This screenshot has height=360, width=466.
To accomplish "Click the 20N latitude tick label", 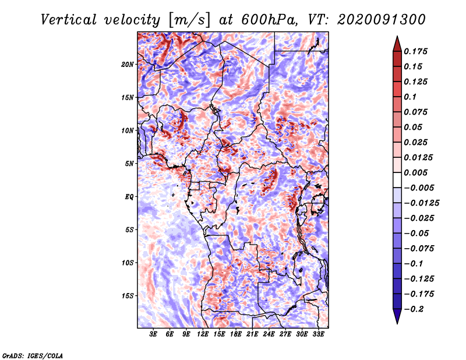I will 128,64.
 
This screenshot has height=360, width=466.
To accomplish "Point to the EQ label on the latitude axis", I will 129,196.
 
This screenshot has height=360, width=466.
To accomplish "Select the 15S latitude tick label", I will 128,295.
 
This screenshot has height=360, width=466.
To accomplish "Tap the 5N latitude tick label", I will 129,163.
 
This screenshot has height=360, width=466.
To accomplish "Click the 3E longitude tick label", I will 154,335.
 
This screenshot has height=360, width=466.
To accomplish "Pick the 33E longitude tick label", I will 319,335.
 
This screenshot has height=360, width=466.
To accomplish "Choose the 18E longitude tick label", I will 236,335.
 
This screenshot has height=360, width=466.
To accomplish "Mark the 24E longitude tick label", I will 269,335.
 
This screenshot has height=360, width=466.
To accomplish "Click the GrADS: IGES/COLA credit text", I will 33,354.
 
